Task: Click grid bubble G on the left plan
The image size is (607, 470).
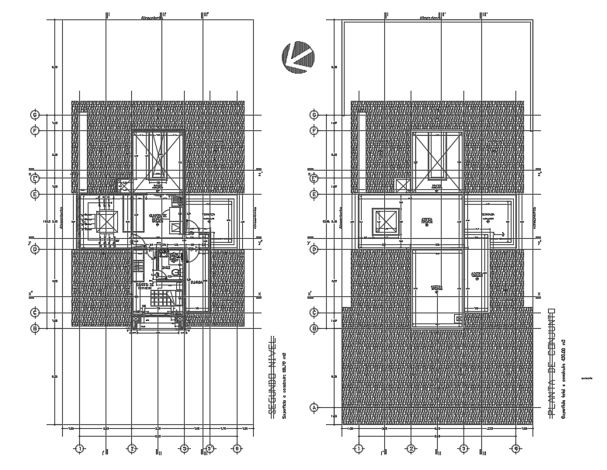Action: click(34, 115)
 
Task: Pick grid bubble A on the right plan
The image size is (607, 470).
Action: click(314, 407)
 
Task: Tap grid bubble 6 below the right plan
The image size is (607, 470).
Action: click(515, 448)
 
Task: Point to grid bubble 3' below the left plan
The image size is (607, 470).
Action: click(210, 448)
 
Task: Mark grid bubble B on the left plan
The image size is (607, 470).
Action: click(34, 328)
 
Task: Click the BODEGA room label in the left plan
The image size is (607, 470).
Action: click(196, 283)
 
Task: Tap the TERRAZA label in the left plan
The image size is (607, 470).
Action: click(208, 215)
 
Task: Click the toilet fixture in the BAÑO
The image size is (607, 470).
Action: click(176, 272)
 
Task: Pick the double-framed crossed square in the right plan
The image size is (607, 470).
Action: click(386, 221)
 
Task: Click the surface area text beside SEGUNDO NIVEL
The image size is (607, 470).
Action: click(283, 378)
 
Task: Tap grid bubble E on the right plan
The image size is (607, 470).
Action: click(314, 194)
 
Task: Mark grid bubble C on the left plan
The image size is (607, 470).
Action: click(34, 313)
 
